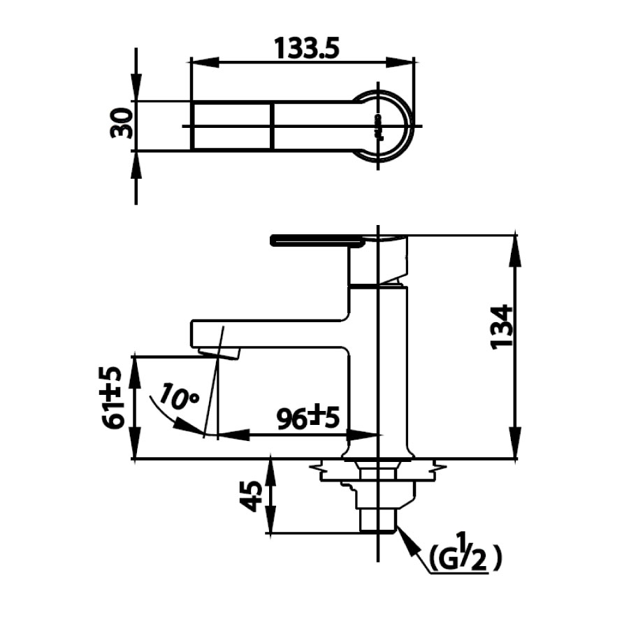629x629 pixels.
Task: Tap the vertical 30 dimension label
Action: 121,124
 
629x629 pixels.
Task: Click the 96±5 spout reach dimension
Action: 308,418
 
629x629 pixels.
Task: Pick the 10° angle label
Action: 178,396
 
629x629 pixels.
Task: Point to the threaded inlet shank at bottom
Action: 378,521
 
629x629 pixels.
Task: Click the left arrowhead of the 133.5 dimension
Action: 199,62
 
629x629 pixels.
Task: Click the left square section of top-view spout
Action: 231,126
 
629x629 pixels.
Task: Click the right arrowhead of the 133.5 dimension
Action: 410,62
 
